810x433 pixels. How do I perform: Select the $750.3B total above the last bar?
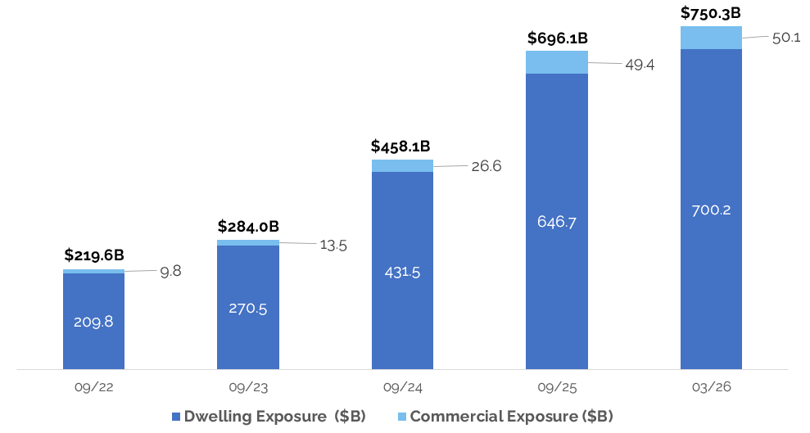click(711, 12)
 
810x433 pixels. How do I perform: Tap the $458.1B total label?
click(400, 147)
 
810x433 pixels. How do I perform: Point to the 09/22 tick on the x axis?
click(93, 386)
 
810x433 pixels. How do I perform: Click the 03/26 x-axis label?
click(711, 386)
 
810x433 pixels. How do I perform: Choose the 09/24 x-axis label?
click(402, 386)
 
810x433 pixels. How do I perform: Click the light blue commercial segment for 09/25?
click(557, 62)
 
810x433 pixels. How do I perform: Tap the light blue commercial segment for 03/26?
click(711, 38)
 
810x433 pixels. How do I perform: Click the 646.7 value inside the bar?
click(557, 221)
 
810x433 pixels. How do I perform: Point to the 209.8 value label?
click(93, 321)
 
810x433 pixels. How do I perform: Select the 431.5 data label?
click(402, 272)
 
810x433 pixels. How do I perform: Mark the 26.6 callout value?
click(485, 166)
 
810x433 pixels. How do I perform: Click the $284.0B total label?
click(248, 226)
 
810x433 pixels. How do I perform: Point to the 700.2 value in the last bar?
click(711, 210)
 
